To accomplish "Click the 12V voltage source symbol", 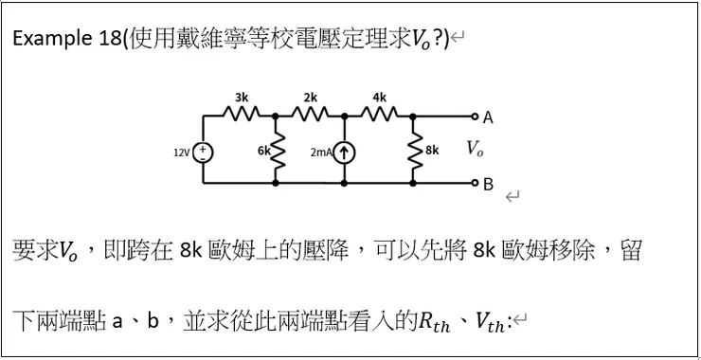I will coord(203,151).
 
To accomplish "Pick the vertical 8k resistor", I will coord(413,151).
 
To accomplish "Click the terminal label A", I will coord(488,118).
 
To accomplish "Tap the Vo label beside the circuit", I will coord(476,150).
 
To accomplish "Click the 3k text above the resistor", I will coord(242,98).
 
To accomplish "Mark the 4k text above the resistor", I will coord(379,98).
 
